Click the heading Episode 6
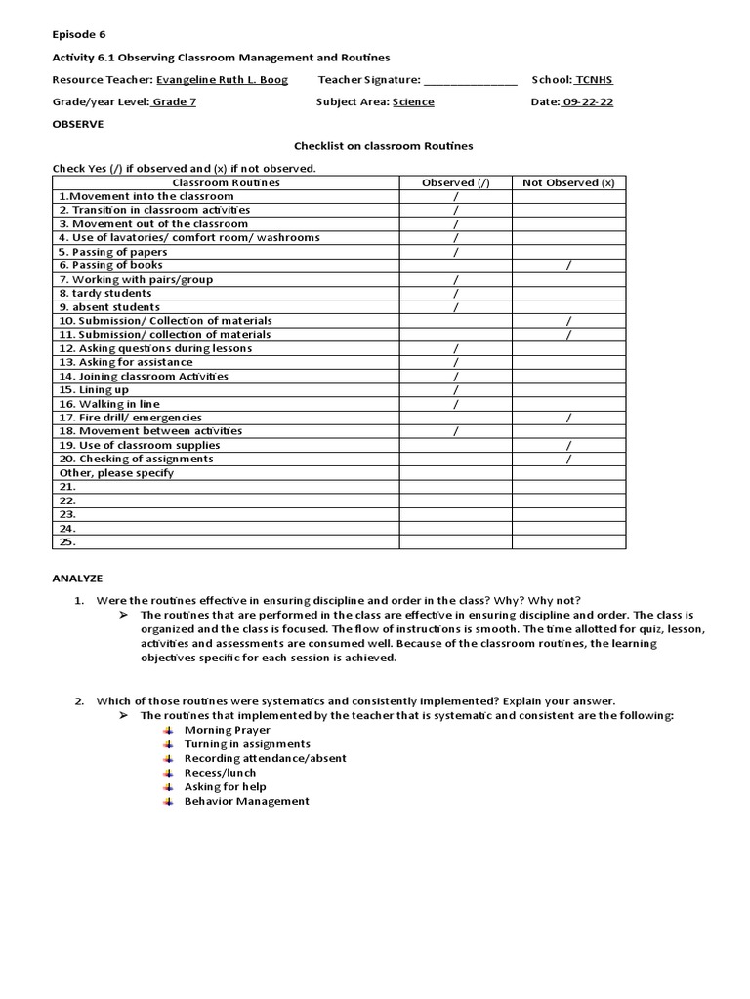coord(79,34)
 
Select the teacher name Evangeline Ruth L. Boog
coord(222,80)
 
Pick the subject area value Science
coord(413,102)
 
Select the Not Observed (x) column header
coord(568,182)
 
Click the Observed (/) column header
coord(455,182)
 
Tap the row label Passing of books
coord(110,265)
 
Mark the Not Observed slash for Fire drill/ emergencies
coord(568,418)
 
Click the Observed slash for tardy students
coord(455,293)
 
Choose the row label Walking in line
coord(108,404)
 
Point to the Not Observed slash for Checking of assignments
coord(568,459)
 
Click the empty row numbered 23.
coord(67,514)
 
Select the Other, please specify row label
coord(116,473)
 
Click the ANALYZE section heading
coord(77,579)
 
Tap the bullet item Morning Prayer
coord(222,730)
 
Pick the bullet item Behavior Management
coord(246,801)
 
